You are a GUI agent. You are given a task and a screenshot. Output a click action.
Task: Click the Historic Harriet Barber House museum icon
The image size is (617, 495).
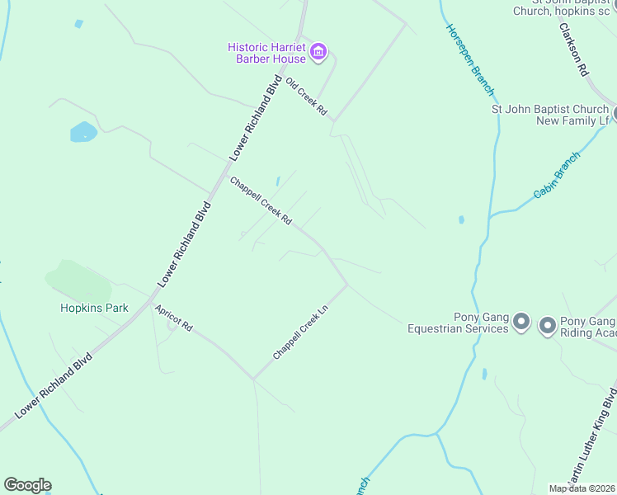318,54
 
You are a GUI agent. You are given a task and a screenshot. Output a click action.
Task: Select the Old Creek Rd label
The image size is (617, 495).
306,97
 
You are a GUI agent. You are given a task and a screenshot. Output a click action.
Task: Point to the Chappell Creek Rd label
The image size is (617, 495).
261,201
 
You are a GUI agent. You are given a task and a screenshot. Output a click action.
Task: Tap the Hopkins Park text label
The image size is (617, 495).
94,308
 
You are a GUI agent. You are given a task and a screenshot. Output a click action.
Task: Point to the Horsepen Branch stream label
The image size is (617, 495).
470,59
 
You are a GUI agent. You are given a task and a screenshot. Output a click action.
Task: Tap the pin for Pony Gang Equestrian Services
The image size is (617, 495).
520,321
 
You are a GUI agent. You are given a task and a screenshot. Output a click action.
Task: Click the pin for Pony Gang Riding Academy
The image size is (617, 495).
547,326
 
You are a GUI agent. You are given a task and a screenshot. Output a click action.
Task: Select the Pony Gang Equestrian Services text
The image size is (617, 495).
458,323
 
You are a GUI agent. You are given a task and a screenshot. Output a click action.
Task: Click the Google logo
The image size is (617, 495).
27,485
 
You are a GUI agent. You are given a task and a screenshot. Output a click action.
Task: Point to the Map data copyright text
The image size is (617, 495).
582,488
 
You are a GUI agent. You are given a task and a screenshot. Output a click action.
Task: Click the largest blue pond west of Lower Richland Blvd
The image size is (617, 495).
82,131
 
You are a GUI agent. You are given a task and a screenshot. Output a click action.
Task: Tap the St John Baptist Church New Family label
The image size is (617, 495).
549,115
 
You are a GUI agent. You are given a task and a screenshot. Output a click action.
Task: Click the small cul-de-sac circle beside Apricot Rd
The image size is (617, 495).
172,325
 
